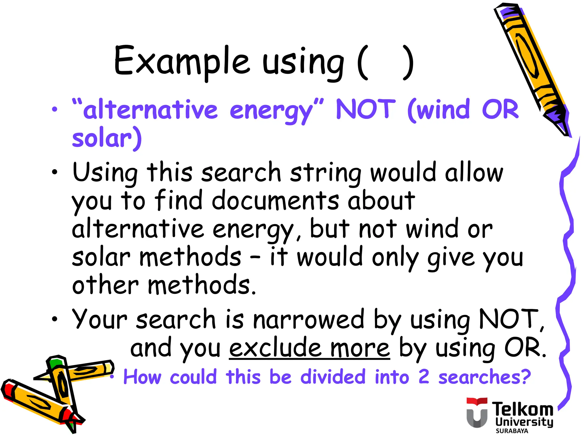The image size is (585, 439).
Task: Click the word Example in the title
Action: coord(182,61)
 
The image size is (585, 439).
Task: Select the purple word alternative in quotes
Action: coord(150,110)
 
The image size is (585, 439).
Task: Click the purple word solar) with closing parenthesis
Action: coord(107,138)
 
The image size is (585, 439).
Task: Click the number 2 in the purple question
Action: coord(424,377)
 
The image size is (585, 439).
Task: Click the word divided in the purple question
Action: coord(333,377)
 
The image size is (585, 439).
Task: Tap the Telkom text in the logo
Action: coord(522,409)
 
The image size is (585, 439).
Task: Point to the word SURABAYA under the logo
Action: coord(512,431)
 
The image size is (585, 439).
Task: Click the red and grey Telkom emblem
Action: coord(477,412)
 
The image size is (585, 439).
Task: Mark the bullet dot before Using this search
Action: coord(55,172)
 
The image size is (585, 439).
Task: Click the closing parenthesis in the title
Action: coord(408,62)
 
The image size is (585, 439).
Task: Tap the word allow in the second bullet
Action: coord(474,173)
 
